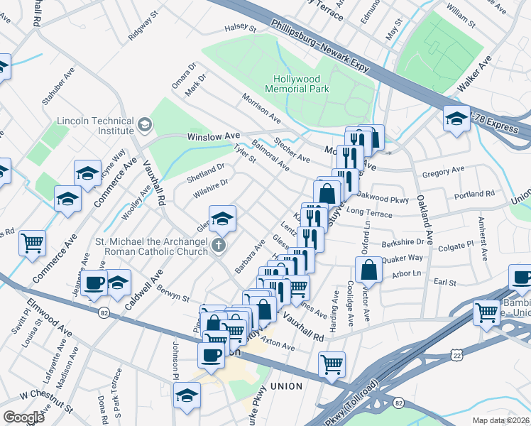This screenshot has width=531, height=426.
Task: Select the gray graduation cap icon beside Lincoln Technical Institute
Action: tap(145, 126)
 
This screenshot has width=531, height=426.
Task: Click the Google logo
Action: tap(23, 417)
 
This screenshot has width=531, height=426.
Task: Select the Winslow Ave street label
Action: tap(214, 136)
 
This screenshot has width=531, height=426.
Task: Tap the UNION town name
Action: tap(286, 386)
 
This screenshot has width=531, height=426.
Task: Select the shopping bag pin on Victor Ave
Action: tap(368, 270)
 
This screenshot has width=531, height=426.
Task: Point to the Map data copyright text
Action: tap(501, 420)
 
